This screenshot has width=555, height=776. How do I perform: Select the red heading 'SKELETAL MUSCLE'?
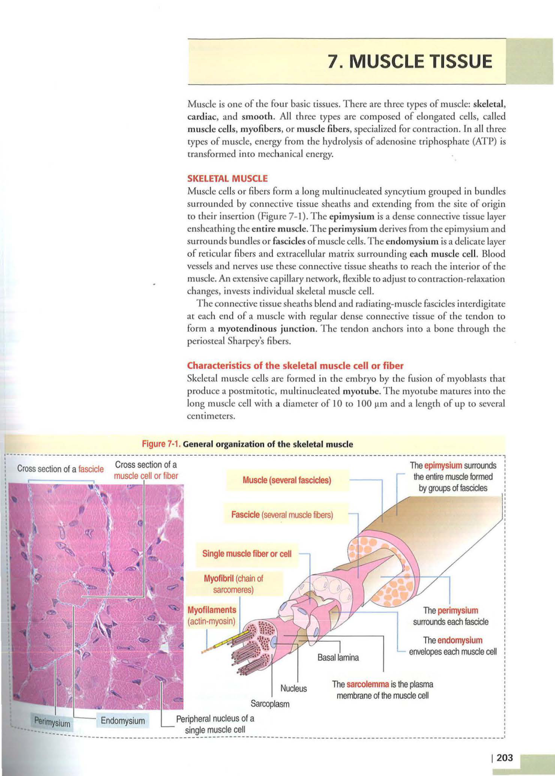pos(227,178)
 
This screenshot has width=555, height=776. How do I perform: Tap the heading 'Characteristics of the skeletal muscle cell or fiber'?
pos(295,365)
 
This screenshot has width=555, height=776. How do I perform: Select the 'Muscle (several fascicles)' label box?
pos(287,480)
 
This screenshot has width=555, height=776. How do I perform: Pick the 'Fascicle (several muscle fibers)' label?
pos(282,515)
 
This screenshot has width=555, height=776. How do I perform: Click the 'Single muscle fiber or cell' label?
pos(247,554)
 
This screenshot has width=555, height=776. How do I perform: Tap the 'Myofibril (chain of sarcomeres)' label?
pos(233,584)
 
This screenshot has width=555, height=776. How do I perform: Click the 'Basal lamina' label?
pos(338,657)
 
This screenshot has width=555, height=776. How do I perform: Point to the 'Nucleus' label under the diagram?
pos(294,689)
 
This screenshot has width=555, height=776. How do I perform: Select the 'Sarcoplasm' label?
pos(270,704)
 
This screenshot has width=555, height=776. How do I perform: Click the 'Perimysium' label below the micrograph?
pos(52,722)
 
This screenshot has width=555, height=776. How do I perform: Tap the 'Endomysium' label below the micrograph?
pos(122,721)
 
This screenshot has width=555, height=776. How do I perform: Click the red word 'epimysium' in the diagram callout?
pos(443,466)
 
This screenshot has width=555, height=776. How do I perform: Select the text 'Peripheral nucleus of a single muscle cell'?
pos(215,724)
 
